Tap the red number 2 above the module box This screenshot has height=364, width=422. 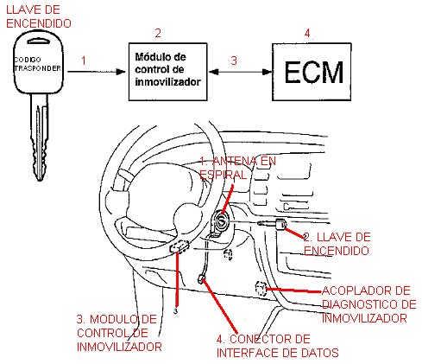coord(158,33)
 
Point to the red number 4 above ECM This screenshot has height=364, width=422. coord(307,33)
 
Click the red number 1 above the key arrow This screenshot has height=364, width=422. coord(84,61)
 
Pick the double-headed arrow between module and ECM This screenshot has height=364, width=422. coord(240,72)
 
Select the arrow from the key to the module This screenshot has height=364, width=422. coord(97,72)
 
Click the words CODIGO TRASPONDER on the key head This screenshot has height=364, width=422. coord(38,64)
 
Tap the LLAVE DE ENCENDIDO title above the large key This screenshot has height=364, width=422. coord(39,16)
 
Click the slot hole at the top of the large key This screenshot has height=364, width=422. coord(38,41)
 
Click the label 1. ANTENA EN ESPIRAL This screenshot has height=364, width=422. coord(237,168)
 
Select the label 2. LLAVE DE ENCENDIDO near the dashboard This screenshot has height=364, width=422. coord(337,244)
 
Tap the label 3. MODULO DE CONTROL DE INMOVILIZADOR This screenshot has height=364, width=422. coord(119,333)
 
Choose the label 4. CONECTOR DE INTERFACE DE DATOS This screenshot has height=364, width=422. coord(277,346)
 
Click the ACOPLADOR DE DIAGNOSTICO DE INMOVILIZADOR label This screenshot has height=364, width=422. coord(369,304)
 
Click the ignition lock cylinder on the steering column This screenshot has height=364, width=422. coord(221,222)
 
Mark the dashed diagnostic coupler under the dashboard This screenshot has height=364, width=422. coord(261,289)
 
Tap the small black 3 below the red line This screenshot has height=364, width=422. coord(176,311)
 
